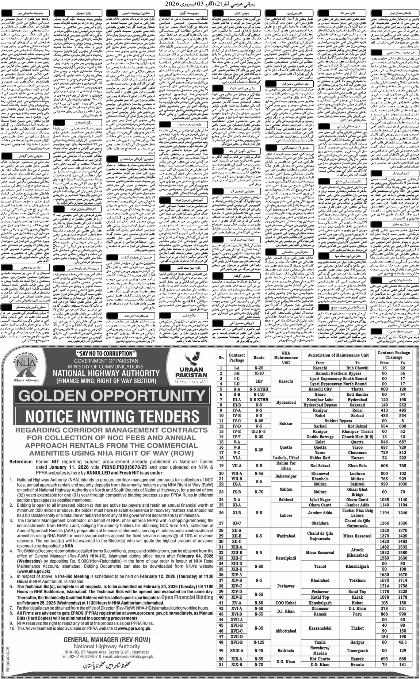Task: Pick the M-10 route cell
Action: point(259,373)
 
